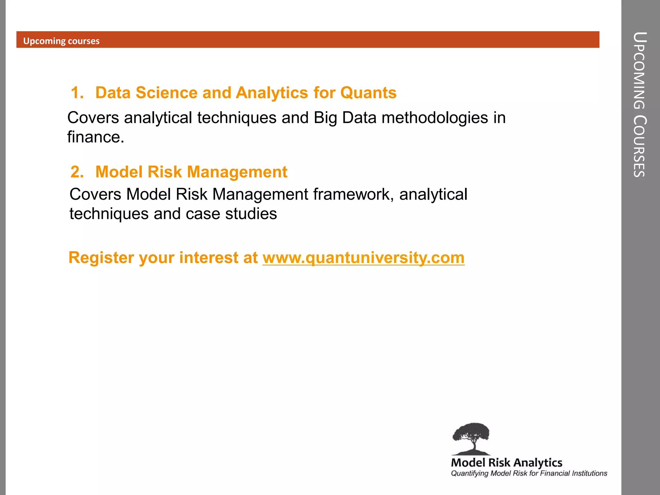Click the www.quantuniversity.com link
click(364, 258)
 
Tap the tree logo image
click(471, 438)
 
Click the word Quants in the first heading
click(368, 93)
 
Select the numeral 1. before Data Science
click(77, 93)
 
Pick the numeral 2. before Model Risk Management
click(77, 172)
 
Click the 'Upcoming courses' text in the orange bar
click(61, 41)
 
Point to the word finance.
click(95, 137)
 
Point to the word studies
click(251, 214)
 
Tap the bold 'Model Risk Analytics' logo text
click(507, 463)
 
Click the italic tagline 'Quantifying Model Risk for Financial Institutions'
click(529, 473)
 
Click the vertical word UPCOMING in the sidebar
click(639, 71)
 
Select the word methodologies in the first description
click(435, 118)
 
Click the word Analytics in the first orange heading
click(272, 93)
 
